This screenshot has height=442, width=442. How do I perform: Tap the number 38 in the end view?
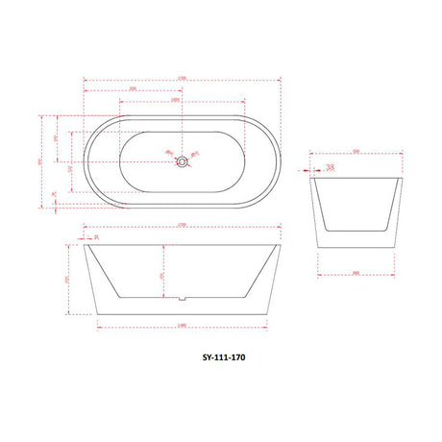tap(330, 167)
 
